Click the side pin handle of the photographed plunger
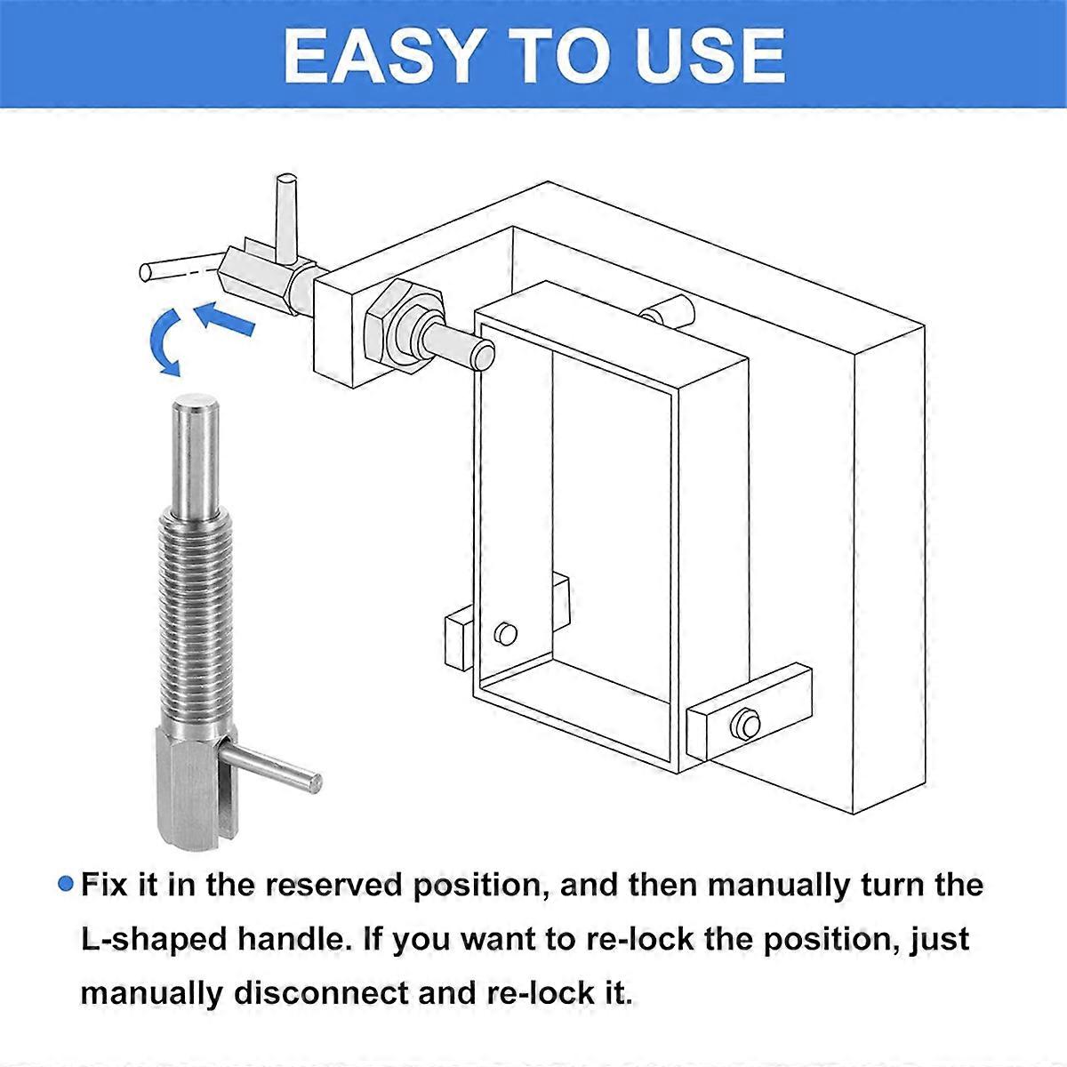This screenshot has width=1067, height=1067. pos(271,766)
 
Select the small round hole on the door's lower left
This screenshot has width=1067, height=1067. pos(505,634)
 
